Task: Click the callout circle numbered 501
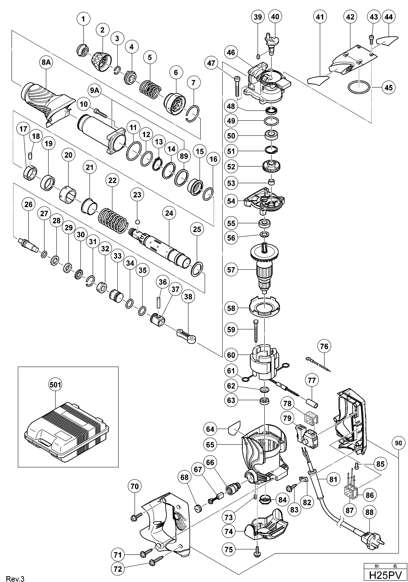tap(55, 385)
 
